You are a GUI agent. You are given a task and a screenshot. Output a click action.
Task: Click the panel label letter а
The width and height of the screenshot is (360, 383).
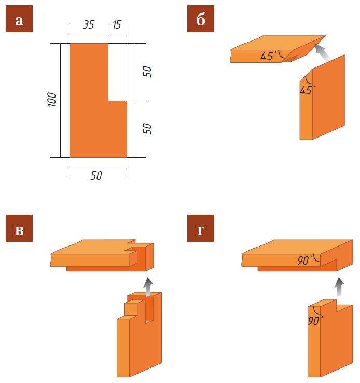tap(19, 21)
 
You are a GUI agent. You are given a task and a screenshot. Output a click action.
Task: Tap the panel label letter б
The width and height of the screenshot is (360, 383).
tap(201, 20)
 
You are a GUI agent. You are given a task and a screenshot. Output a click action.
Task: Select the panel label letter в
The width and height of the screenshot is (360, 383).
tap(19, 230)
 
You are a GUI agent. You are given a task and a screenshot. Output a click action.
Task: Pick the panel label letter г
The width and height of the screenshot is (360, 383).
tap(200, 230)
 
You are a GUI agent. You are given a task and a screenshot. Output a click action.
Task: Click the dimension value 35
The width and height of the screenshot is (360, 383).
tap(88, 25)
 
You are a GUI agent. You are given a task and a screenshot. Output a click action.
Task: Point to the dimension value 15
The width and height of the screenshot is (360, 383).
tap(117, 25)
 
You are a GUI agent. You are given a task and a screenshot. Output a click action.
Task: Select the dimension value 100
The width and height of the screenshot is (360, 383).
tap(52, 100)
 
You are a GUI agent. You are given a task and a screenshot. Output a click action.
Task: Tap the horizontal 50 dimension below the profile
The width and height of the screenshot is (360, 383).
tap(96, 175)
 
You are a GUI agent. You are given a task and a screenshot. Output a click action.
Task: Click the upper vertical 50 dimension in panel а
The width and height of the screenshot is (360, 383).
tap(147, 71)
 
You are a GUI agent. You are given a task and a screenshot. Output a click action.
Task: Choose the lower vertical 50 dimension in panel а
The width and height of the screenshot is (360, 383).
tap(147, 128)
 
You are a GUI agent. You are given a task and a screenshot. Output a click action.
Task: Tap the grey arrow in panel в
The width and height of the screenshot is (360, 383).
tap(148, 286)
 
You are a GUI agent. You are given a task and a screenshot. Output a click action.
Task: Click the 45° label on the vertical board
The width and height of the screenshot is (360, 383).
tap(307, 90)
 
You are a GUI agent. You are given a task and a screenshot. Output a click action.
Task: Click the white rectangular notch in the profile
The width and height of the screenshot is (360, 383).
tap(117, 72)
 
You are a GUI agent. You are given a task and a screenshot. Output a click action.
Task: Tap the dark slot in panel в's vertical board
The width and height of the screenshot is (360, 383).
tap(149, 309)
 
